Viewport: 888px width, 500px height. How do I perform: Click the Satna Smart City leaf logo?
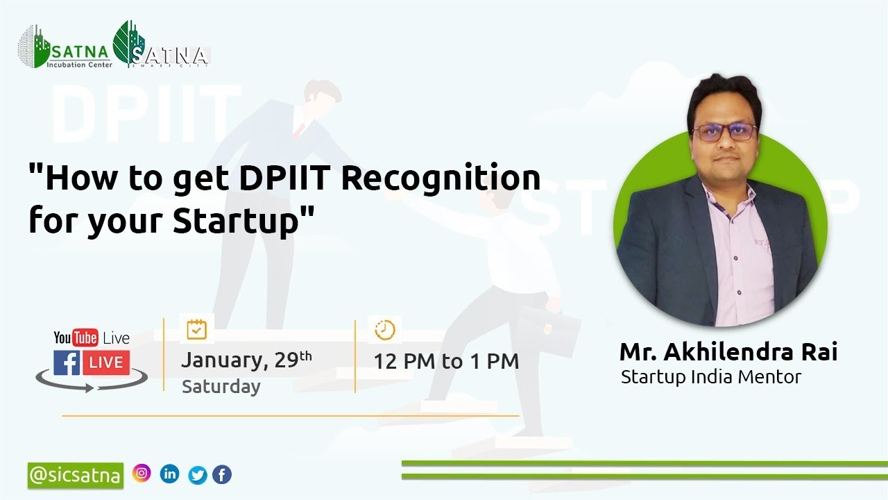[161, 47]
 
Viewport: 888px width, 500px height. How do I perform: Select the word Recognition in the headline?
[441, 179]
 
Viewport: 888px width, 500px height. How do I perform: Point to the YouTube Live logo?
[92, 338]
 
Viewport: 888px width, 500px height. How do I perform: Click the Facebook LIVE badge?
[91, 362]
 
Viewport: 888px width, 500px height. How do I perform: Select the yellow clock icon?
[384, 330]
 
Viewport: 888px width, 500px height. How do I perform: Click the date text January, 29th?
[246, 360]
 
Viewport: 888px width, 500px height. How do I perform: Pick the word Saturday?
[221, 387]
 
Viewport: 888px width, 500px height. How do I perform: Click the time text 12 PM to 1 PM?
[446, 361]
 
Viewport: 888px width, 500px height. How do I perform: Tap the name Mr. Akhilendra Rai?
[728, 352]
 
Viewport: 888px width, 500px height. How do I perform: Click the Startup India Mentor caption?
[711, 377]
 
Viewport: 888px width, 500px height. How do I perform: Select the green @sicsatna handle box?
[76, 475]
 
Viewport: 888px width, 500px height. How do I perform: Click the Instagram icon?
[142, 473]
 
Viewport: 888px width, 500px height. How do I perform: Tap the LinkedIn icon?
[169, 474]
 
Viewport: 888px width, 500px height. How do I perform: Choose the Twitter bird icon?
[198, 475]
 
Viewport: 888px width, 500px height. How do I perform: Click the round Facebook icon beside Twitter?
[222, 475]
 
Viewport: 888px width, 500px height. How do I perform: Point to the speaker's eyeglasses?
[725, 132]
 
